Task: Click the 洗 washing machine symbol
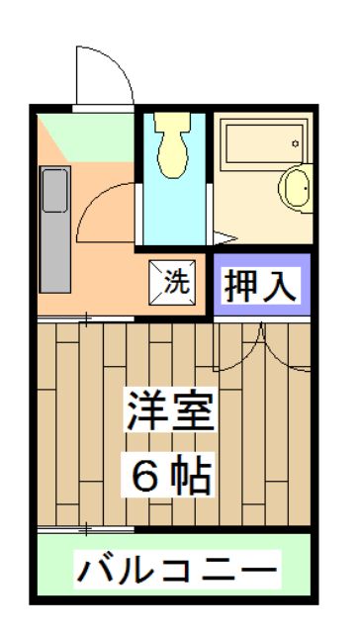click(x=174, y=281)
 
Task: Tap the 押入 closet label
click(x=260, y=286)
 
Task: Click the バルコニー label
click(x=177, y=571)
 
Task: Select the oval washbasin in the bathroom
click(x=295, y=184)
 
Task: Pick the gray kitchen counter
click(x=55, y=227)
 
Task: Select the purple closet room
click(x=260, y=286)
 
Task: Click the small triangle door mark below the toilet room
click(x=225, y=236)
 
